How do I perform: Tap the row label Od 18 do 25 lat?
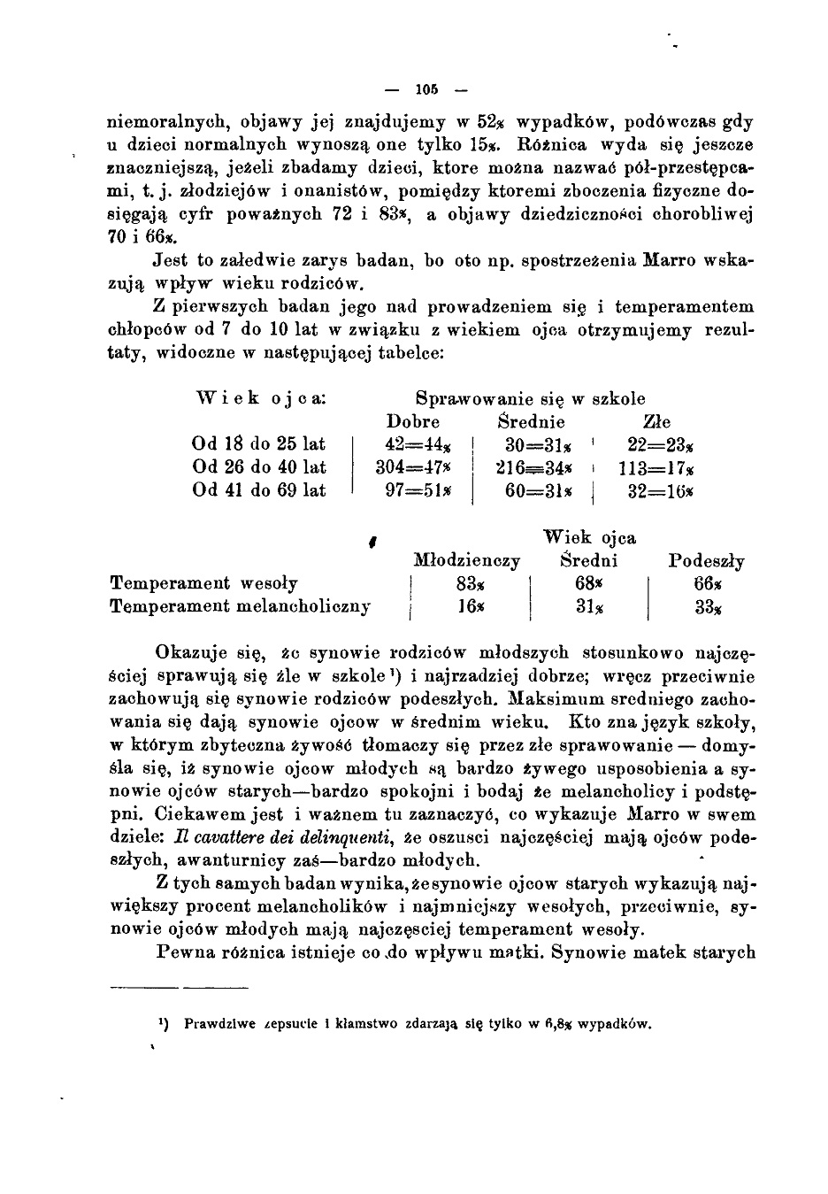point(259,444)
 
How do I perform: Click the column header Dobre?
point(413,422)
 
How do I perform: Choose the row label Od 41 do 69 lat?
point(259,490)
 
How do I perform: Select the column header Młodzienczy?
point(467,561)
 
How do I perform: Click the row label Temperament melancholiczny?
point(240,607)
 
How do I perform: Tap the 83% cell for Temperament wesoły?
point(468,584)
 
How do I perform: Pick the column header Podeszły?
point(706,561)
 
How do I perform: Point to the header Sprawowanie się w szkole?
point(531,398)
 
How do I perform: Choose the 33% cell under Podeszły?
point(708,607)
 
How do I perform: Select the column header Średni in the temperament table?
point(589,561)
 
